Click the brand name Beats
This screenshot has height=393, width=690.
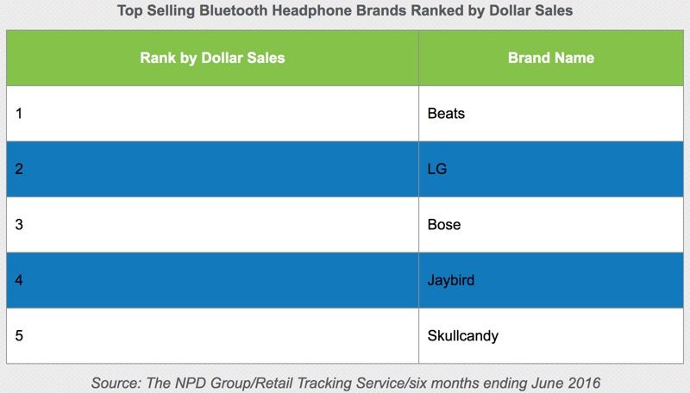446,114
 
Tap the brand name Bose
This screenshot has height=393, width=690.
444,225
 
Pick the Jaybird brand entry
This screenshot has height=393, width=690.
451,280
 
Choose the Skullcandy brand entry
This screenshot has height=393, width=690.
463,336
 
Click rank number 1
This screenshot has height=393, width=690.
19,114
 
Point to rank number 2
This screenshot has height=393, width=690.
19,169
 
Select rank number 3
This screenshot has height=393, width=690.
19,225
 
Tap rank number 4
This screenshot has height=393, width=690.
19,280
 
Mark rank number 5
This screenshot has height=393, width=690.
19,336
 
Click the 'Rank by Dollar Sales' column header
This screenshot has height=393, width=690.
212,58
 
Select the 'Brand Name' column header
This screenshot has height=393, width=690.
551,58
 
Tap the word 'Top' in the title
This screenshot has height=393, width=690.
130,10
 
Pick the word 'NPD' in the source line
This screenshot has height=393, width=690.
190,383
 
